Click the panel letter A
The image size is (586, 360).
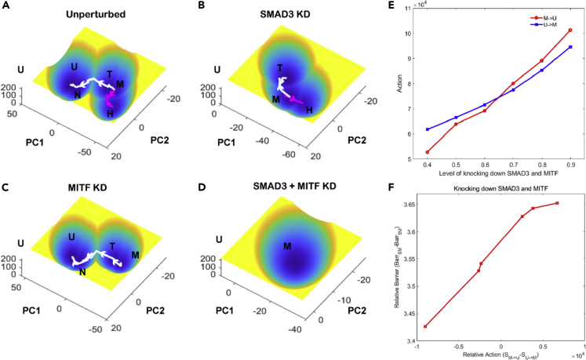6,7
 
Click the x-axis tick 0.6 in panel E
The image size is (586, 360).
485,166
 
